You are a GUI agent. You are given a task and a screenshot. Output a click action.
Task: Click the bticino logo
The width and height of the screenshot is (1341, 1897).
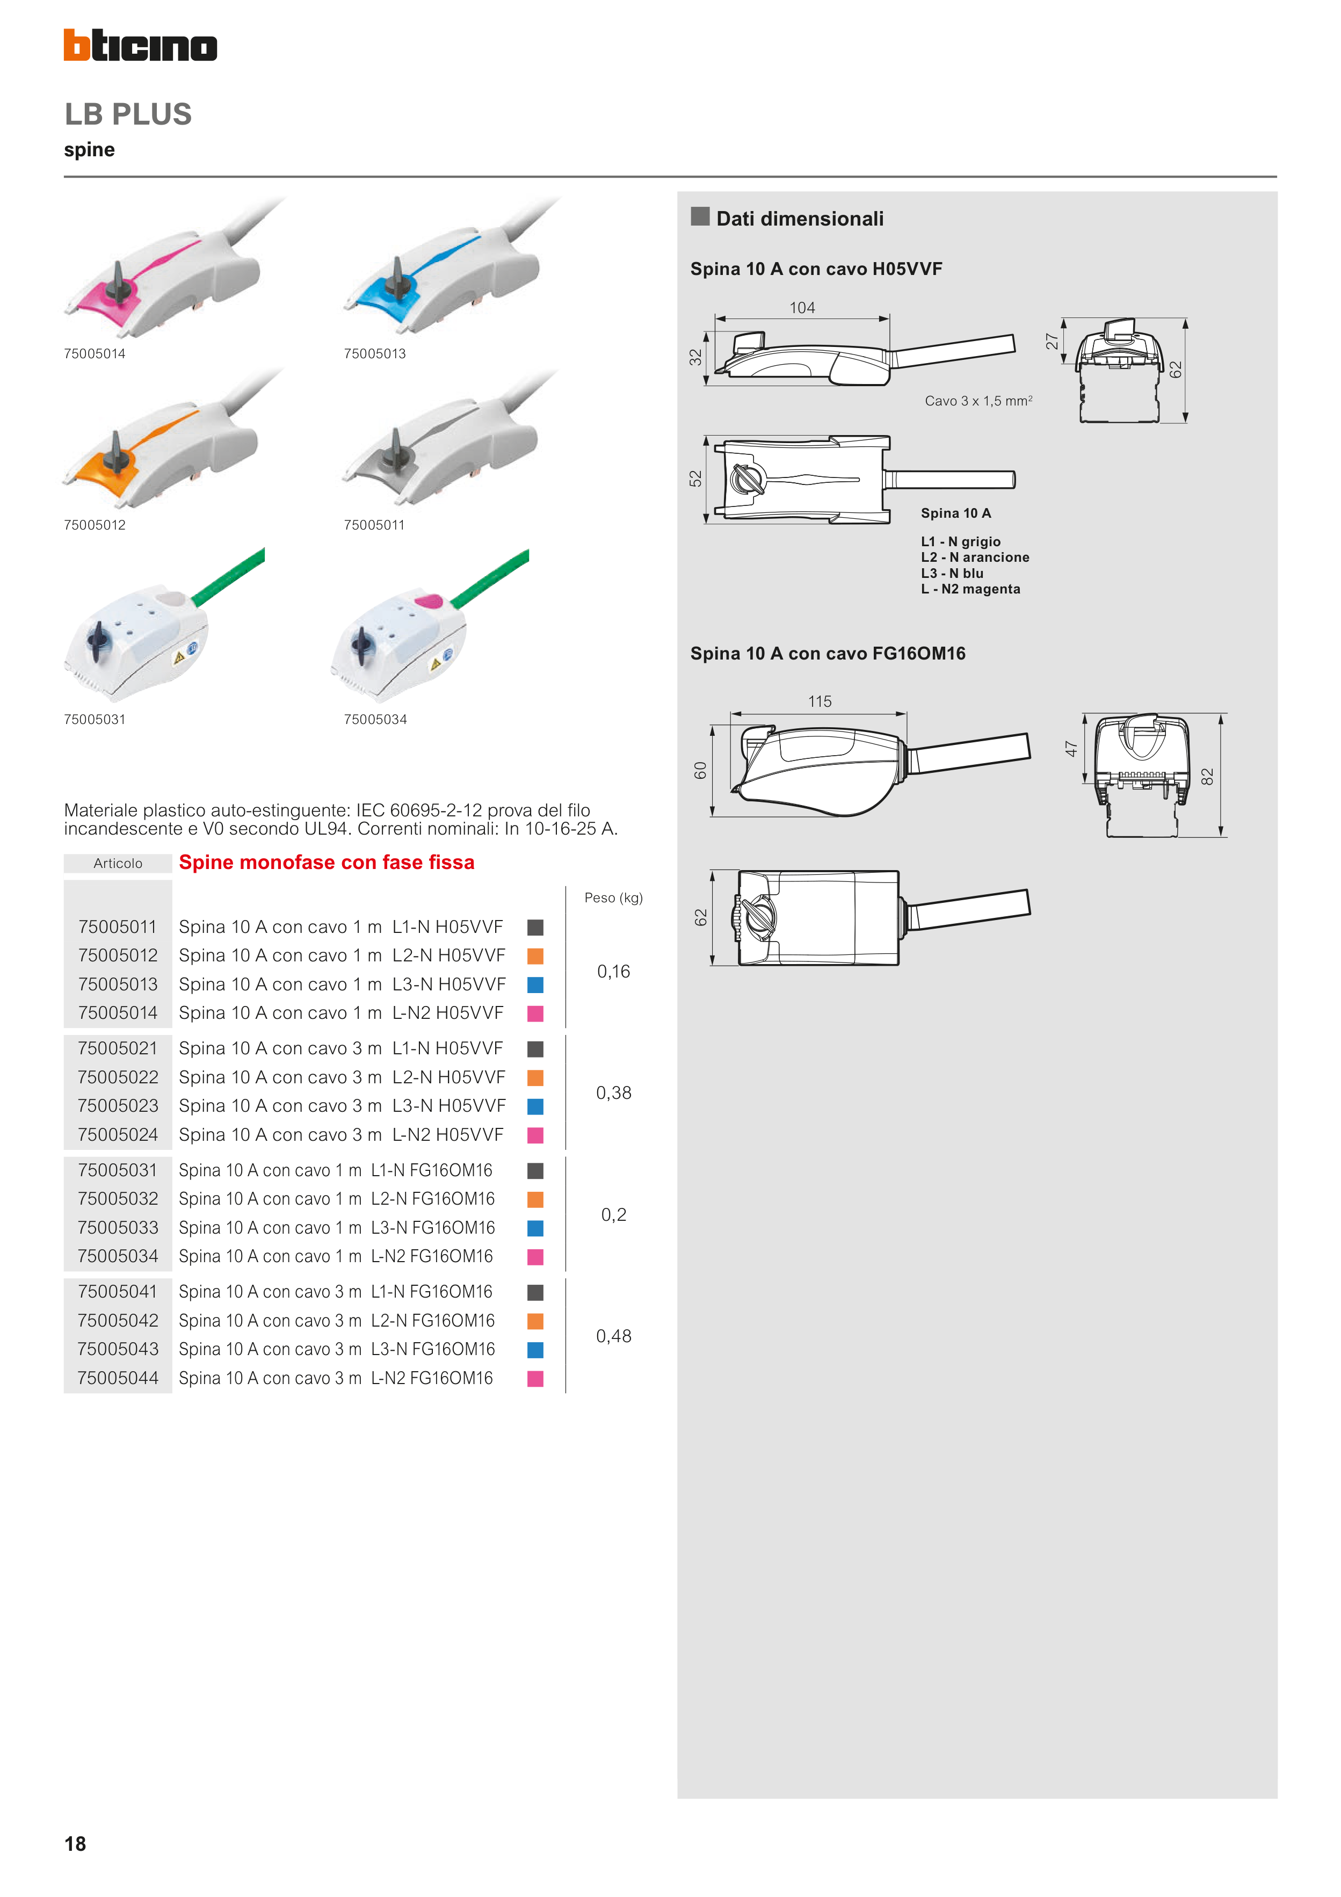tap(141, 46)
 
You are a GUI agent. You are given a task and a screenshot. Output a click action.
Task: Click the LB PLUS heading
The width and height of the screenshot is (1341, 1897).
tap(128, 114)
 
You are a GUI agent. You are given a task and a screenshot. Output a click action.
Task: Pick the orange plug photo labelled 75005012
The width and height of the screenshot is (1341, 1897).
tap(169, 438)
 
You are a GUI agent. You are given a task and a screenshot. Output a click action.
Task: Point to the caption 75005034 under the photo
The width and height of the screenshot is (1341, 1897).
tap(375, 720)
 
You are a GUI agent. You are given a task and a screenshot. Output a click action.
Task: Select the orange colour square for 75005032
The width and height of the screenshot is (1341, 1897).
tap(535, 1200)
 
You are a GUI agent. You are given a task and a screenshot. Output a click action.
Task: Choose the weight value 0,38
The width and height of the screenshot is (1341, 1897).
tap(614, 1093)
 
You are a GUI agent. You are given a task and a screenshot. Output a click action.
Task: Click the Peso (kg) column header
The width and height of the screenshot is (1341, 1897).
tap(613, 898)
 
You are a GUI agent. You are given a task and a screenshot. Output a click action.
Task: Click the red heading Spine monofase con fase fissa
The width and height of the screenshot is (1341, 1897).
tap(327, 863)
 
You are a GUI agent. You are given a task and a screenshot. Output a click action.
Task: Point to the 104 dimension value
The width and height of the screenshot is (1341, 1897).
tap(802, 308)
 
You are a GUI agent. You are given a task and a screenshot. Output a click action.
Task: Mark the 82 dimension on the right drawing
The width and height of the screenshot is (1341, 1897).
tap(1207, 777)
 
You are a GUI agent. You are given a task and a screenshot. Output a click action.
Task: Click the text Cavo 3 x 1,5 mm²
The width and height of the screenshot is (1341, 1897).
tap(978, 401)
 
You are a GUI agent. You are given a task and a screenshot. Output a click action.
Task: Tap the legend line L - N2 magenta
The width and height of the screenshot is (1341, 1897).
tap(971, 589)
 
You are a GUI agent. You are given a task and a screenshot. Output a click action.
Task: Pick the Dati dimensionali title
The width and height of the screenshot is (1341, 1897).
tap(800, 219)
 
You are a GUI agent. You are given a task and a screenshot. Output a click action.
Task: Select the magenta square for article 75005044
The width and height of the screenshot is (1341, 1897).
tap(535, 1379)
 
